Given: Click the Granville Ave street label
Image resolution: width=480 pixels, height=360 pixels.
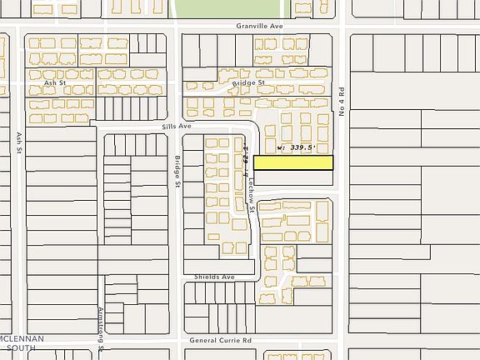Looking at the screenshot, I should tap(260, 26).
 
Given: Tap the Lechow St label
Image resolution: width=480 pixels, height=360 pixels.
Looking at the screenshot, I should tap(252, 189).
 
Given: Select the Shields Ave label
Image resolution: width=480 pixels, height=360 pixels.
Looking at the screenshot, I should tap(215, 276).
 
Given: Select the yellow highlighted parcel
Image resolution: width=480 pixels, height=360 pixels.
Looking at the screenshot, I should tap(293, 162).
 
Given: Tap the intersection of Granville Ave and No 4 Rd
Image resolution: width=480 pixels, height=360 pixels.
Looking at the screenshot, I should tap(342, 26).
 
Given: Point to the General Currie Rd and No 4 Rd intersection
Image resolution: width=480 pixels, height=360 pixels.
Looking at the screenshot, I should tap(342, 341).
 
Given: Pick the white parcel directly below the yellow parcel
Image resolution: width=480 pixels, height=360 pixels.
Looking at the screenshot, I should tap(293, 178).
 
